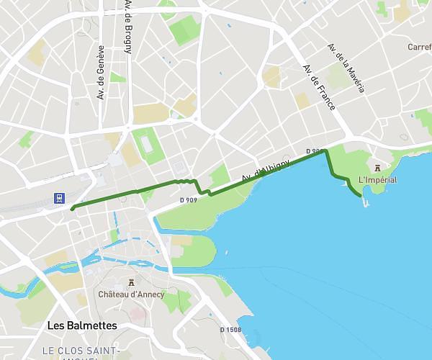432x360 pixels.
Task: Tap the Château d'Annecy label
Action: tap(131, 294)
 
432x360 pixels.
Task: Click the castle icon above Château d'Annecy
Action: tap(131, 282)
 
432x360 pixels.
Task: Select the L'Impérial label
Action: tap(377, 180)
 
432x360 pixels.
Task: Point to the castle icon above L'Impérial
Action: tap(377, 168)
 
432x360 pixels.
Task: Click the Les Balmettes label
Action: tap(81, 325)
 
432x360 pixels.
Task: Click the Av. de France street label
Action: tap(319, 88)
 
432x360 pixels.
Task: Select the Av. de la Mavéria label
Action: tap(346, 68)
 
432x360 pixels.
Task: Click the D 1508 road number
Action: tap(230, 330)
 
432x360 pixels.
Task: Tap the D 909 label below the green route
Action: tap(188, 199)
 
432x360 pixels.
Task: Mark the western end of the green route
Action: tap(73, 208)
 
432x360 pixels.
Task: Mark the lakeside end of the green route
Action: tap(360, 195)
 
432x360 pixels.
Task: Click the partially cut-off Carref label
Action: tap(419, 47)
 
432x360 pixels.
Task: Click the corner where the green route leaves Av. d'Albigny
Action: tap(326, 151)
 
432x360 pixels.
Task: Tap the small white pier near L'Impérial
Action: tap(366, 203)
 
